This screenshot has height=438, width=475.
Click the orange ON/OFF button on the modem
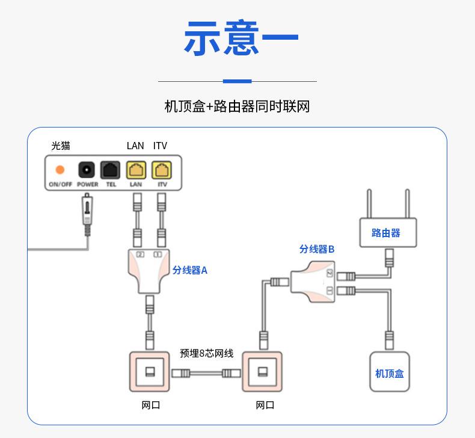click(60, 170)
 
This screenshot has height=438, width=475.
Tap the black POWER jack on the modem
click(87, 170)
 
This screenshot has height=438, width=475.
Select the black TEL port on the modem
click(111, 170)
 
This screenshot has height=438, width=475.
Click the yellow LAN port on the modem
click(136, 170)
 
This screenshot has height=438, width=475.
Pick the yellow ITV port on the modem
click(161, 170)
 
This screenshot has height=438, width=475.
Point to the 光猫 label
click(60, 146)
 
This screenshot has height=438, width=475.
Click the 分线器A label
click(189, 270)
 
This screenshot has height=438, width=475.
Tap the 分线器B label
click(316, 249)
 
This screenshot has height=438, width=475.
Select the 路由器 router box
click(388, 233)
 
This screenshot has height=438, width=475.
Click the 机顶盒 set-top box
click(389, 372)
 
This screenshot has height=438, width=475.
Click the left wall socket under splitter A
click(150, 372)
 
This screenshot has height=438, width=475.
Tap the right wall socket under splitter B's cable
click(262, 372)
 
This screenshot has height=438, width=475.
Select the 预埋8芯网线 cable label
click(206, 354)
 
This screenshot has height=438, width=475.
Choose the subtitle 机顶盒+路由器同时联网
click(237, 107)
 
